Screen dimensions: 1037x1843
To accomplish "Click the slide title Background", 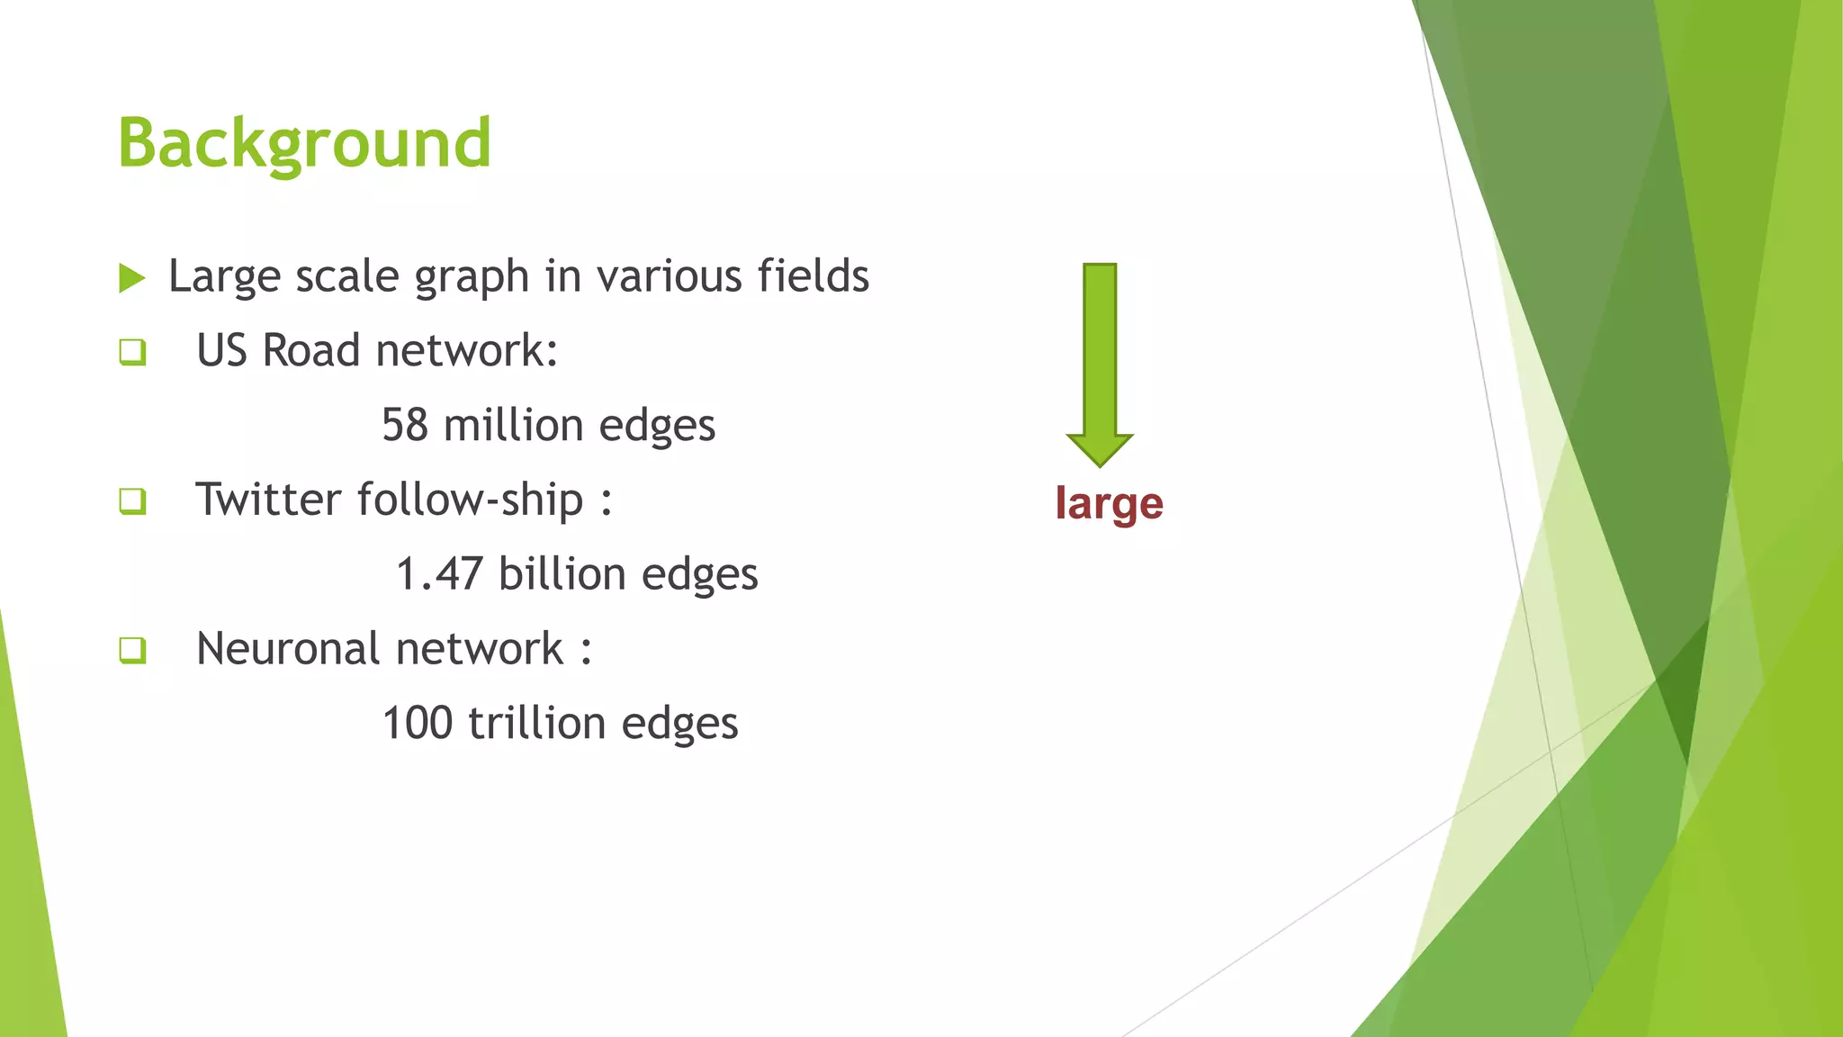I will coord(304,144).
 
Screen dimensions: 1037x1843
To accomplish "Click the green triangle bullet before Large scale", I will coord(131,278).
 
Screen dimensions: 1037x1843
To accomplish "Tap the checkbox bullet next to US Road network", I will coord(132,351).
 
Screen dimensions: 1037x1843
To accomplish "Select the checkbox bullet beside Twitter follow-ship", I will coord(132,500).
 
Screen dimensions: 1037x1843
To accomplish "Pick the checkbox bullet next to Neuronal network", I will coord(132,650).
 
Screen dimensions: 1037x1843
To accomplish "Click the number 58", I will coord(404,425).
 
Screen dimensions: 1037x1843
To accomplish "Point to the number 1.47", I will coord(439,574).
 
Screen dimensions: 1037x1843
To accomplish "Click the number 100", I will coord(418,724).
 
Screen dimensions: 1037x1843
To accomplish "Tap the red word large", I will coord(1109,504).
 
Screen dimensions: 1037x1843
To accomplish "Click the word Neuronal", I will coord(287,649).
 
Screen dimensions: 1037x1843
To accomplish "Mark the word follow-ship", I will coord(471,500).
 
